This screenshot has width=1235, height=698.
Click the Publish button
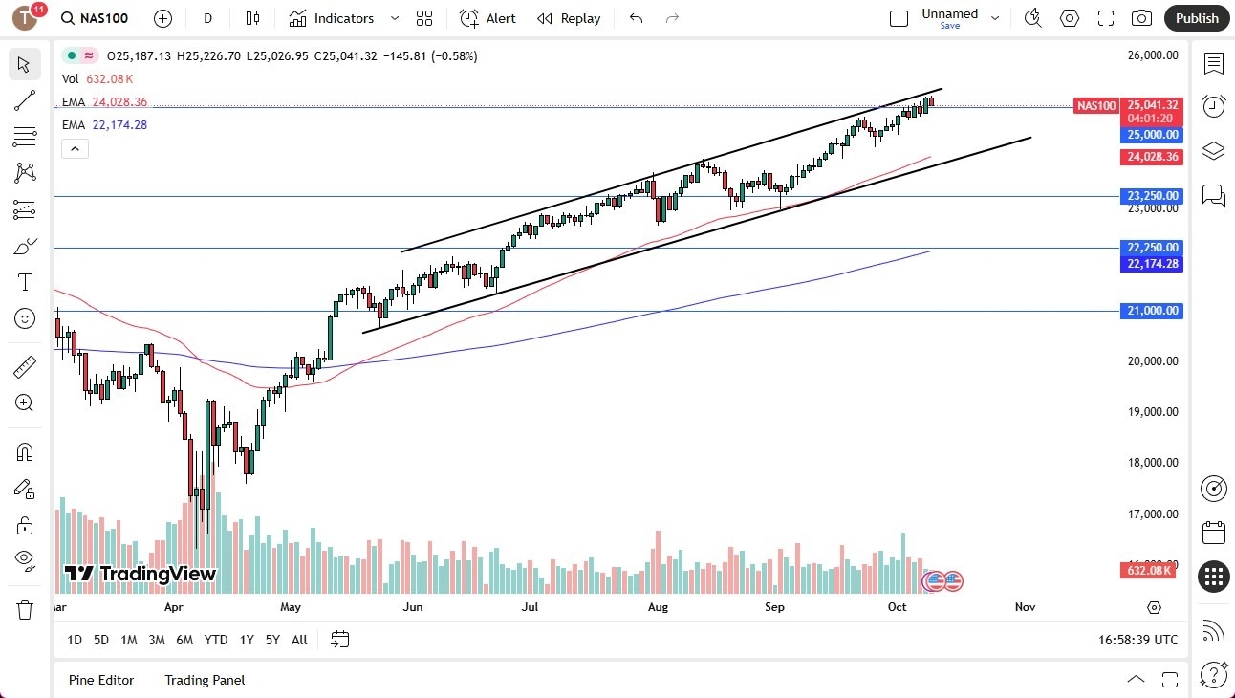1197,18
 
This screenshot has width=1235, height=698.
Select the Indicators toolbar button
332,18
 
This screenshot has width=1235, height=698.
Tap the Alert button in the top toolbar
487,18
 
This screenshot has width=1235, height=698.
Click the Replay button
569,18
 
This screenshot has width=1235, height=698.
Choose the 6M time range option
184,640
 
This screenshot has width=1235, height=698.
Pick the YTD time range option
216,640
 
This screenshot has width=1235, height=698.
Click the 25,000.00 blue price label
1152,135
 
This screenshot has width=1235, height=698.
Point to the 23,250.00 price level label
1152,196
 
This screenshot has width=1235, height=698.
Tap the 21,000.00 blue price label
1152,311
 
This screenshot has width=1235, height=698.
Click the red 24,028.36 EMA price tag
1152,157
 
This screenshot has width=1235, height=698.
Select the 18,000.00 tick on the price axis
1152,463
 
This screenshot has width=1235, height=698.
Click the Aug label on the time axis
657,606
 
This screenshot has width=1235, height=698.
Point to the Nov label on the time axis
1025,606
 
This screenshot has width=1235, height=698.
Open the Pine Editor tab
101,680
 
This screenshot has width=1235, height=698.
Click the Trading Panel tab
205,680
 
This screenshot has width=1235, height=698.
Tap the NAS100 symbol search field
96,18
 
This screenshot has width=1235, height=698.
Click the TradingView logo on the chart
141,574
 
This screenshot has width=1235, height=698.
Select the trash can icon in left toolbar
25,609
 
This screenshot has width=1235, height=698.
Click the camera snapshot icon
1141,18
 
